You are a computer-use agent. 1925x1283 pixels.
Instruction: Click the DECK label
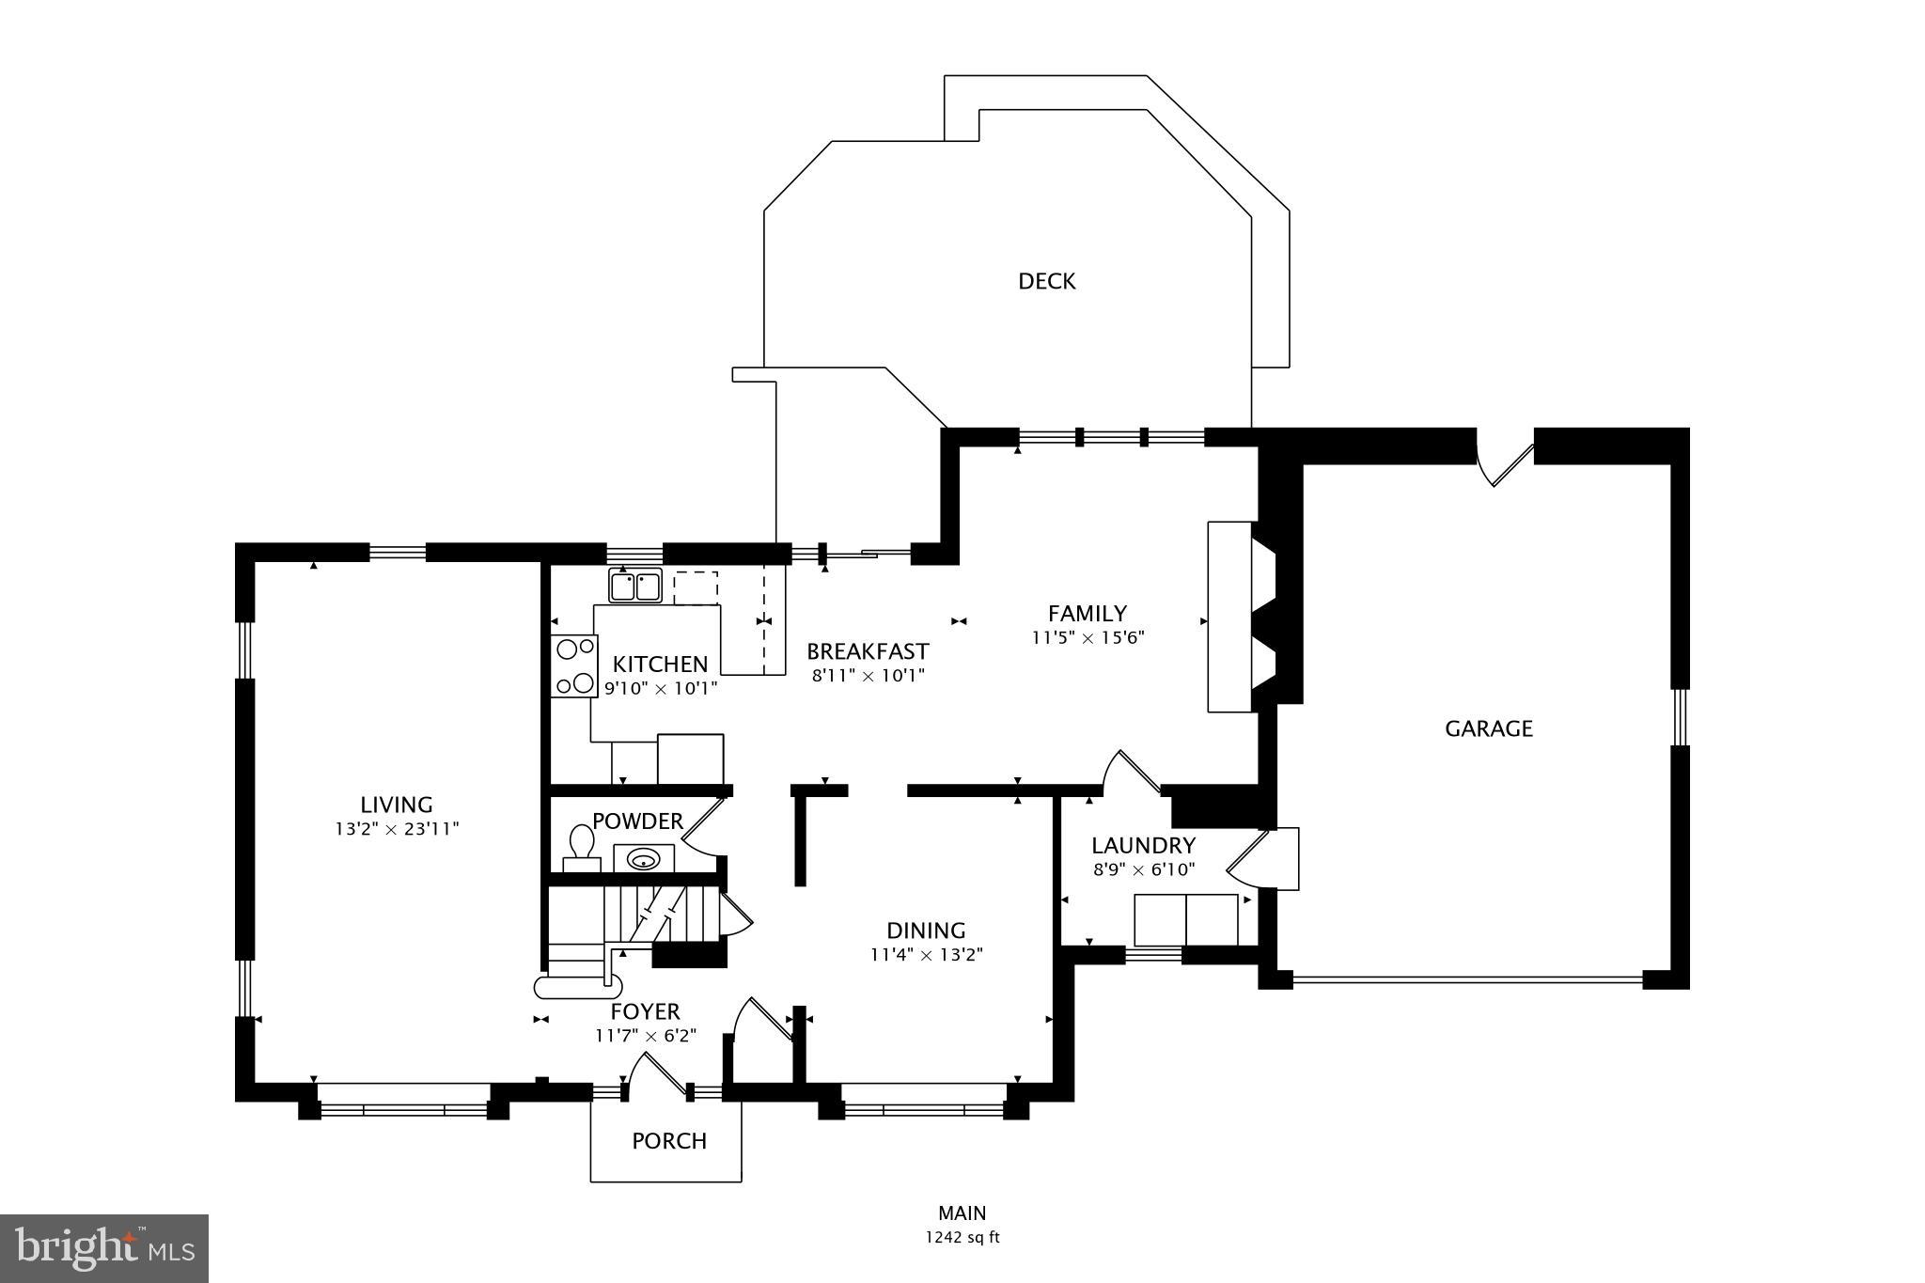[x=1046, y=281]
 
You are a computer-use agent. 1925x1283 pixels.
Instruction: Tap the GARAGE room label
[x=1488, y=728]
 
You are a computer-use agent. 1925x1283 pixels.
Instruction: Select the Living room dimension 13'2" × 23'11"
[x=397, y=829]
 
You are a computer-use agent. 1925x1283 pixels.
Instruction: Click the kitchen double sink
[x=635, y=587]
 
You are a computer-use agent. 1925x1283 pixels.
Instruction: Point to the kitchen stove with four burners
[x=574, y=665]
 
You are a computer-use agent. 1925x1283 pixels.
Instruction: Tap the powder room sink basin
[x=644, y=858]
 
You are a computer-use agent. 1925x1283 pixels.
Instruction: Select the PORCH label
[x=668, y=1141]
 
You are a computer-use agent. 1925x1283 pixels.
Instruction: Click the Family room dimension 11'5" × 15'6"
[x=1088, y=637]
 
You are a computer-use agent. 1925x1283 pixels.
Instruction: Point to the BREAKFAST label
[x=868, y=651]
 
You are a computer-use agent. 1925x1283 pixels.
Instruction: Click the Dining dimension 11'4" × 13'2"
[x=926, y=955]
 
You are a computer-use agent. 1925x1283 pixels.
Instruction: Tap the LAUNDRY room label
[x=1143, y=845]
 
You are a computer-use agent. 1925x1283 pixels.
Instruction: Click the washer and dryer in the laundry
[x=1186, y=920]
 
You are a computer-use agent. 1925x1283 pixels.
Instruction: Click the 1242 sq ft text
[x=962, y=1238]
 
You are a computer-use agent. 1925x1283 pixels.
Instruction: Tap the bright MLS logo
[x=104, y=1248]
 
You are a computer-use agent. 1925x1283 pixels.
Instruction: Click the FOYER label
[x=645, y=1011]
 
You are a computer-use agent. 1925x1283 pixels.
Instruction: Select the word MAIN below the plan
[x=962, y=1213]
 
